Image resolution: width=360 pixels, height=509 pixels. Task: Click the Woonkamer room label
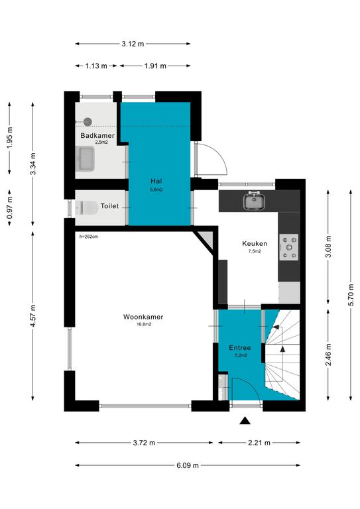[x=143, y=317]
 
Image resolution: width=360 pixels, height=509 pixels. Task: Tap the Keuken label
[x=255, y=243]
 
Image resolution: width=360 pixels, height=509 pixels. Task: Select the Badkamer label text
[x=97, y=135]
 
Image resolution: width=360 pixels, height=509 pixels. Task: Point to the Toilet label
[x=109, y=206]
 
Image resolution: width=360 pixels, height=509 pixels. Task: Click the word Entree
[x=240, y=348]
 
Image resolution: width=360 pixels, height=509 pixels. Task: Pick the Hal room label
[x=156, y=181]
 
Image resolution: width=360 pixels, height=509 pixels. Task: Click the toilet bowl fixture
[x=87, y=207]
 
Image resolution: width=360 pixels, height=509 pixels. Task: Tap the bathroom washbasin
[x=85, y=159]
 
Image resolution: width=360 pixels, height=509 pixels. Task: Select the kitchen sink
[x=255, y=201]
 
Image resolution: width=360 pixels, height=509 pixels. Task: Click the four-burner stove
[x=288, y=247]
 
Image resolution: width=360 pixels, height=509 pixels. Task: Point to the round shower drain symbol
[x=88, y=122]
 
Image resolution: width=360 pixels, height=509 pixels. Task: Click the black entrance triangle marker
[x=245, y=421]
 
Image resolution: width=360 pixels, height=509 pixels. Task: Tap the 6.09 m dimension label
[x=188, y=465]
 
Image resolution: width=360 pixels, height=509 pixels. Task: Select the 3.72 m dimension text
[x=144, y=443]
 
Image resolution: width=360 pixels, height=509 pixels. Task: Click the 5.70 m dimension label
[x=351, y=295]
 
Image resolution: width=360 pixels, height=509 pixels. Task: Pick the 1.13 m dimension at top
[x=96, y=66]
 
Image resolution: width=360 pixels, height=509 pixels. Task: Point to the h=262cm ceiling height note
[x=89, y=237]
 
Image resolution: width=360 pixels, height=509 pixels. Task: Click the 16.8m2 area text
[x=143, y=324]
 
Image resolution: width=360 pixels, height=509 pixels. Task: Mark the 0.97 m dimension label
[x=10, y=207]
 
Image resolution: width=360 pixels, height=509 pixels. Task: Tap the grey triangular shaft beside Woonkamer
[x=206, y=239]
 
